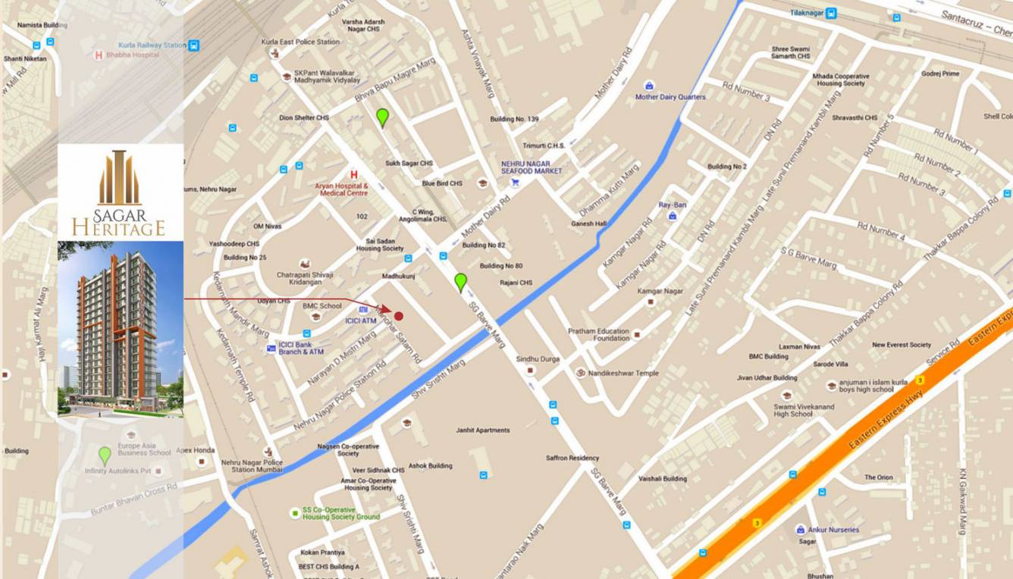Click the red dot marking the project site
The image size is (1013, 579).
tap(399, 315)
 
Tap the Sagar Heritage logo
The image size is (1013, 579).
tap(119, 193)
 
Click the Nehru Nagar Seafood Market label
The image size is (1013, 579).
tap(531, 167)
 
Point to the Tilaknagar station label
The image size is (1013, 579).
tap(807, 13)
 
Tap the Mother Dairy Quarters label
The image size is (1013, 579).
tap(670, 97)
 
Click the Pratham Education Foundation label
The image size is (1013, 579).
tap(598, 334)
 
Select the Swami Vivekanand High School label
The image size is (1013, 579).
tap(803, 410)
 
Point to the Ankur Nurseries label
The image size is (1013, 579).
tap(833, 530)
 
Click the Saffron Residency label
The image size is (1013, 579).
tap(572, 458)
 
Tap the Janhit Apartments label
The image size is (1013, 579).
tap(482, 430)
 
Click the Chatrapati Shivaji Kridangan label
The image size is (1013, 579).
tap(304, 278)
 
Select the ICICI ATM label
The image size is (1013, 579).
tap(361, 321)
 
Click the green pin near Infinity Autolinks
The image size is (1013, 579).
tap(105, 455)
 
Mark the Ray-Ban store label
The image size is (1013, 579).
tap(672, 205)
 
